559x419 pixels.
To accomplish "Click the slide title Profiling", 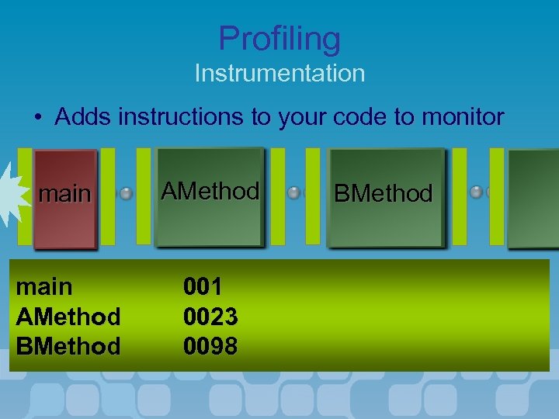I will click(x=279, y=38).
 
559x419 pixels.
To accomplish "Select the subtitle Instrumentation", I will click(x=279, y=74).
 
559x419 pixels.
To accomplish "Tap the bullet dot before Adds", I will click(x=39, y=118).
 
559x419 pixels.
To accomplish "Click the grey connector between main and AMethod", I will click(x=126, y=193).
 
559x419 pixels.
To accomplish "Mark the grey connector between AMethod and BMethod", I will click(x=294, y=193).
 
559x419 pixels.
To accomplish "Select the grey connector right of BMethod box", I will click(x=477, y=192).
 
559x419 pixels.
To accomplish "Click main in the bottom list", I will click(x=44, y=286).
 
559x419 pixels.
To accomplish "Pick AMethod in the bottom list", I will click(x=68, y=316).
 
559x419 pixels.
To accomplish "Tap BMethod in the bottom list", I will click(x=68, y=345).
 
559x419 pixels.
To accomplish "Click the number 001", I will click(x=203, y=286).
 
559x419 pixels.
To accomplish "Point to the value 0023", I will click(x=210, y=316).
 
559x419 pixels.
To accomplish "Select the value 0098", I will click(x=210, y=345).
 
